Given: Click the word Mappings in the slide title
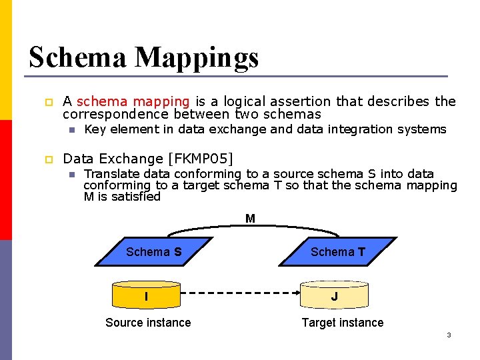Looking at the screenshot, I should [x=197, y=59].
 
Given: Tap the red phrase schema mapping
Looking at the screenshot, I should [x=133, y=101].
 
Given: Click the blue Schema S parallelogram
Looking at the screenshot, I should [x=153, y=252].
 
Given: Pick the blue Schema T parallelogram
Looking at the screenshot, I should [x=337, y=252].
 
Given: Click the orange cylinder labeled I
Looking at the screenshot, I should [x=146, y=295].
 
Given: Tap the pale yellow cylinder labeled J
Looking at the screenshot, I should [x=334, y=295].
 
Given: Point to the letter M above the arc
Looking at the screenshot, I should [x=250, y=218].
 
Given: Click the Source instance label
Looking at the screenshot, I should [x=148, y=323].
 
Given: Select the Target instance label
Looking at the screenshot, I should [x=342, y=323].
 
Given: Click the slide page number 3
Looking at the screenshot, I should [x=449, y=335].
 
